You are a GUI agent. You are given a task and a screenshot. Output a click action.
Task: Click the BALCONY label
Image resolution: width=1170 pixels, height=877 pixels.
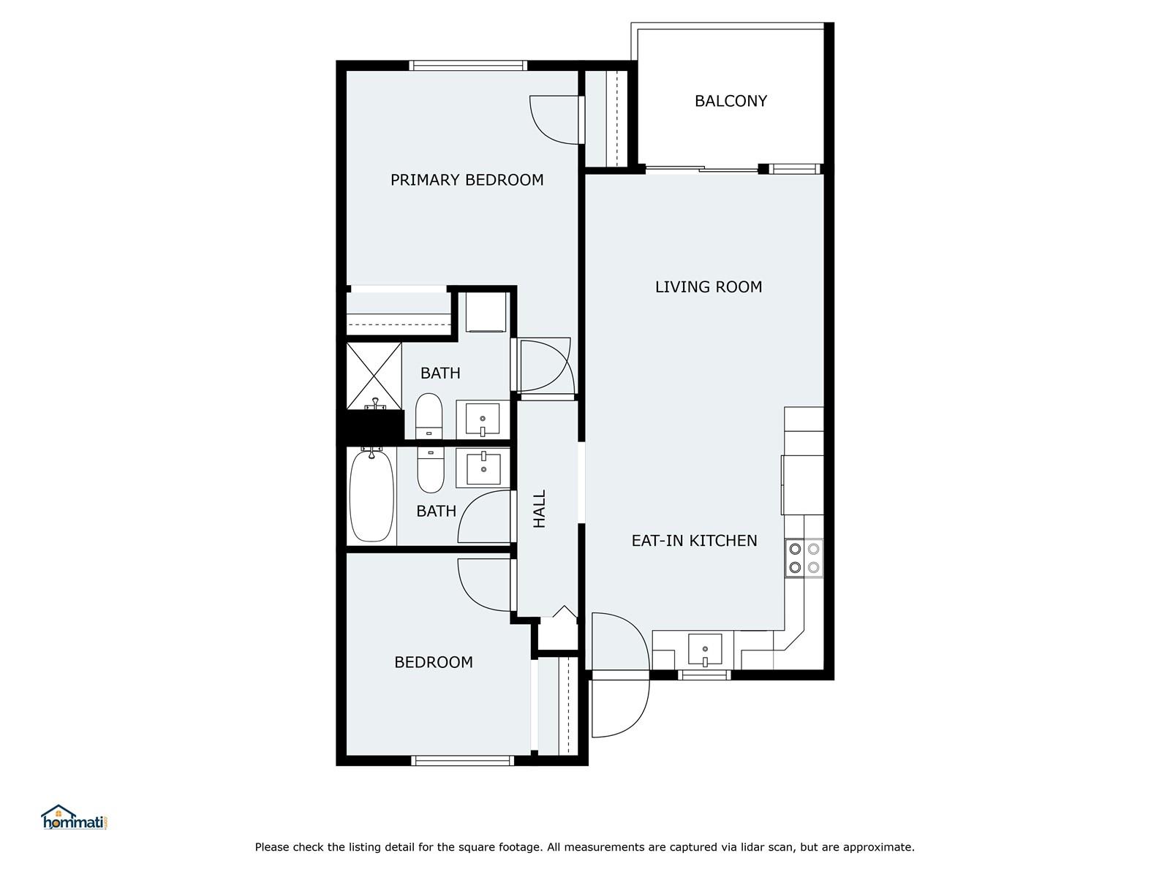click(x=731, y=101)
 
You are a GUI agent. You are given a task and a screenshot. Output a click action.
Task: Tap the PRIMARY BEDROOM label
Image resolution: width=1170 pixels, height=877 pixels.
click(x=467, y=180)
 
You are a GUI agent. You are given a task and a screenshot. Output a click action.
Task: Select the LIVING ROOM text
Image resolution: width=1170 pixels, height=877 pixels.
click(x=709, y=287)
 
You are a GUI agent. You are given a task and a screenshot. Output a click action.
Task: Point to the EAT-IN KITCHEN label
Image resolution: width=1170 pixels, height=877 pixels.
click(x=694, y=541)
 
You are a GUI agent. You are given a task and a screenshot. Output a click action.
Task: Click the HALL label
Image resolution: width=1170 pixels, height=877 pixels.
click(x=540, y=509)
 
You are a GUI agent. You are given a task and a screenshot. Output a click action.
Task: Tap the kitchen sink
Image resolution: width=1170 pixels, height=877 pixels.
click(x=705, y=650)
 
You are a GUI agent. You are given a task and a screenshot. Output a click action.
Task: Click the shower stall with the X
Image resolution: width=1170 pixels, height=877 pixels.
click(x=374, y=376)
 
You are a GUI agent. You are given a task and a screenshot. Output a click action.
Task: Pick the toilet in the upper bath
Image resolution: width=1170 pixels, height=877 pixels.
click(x=429, y=416)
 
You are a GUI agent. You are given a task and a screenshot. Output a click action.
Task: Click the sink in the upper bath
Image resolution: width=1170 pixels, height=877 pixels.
click(x=483, y=419)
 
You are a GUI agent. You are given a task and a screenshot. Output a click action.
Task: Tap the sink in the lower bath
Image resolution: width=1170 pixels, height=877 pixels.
click(x=483, y=468)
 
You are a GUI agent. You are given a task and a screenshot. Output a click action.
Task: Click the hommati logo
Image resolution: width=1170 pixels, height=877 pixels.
click(x=74, y=817)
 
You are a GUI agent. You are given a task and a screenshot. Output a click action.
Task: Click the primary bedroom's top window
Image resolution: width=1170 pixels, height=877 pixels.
click(x=468, y=66)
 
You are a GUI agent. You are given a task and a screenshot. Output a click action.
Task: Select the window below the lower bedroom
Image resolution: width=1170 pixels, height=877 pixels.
click(x=462, y=760)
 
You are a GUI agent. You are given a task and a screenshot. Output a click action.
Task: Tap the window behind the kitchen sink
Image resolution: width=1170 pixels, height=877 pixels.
click(x=704, y=675)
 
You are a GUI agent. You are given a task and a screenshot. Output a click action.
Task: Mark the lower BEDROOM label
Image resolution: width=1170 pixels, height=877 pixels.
click(x=434, y=662)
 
